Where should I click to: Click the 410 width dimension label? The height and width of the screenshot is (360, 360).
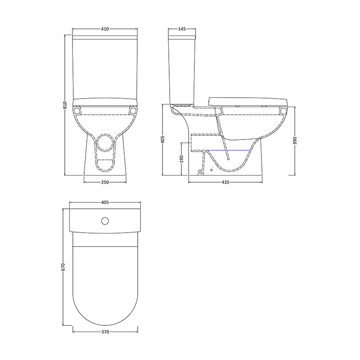point(105,29)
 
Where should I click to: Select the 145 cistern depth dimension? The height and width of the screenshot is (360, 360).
point(182,29)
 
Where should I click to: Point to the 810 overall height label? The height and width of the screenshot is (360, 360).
point(65,105)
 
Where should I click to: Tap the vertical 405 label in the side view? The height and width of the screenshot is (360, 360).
point(163,140)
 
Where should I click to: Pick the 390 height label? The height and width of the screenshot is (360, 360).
point(295,140)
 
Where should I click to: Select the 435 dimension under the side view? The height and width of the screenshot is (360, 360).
point(225,182)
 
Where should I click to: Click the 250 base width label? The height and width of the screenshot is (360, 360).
point(105,182)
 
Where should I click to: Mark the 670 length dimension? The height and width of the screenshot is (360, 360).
point(63,267)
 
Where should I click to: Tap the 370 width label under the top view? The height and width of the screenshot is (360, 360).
point(105,332)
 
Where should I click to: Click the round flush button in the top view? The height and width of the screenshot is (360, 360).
point(105,221)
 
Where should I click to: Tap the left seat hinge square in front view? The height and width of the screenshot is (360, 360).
point(78,110)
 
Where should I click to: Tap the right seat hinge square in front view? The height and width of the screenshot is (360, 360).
point(132,110)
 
